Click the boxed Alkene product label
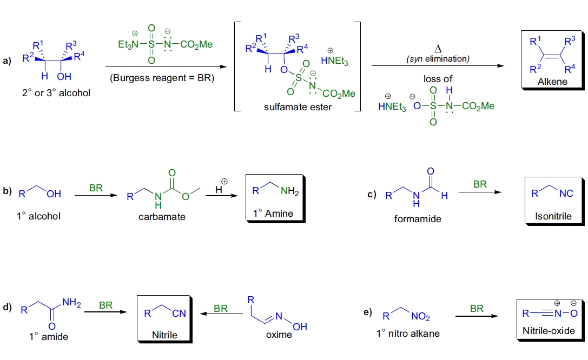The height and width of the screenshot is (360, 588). click(552, 81)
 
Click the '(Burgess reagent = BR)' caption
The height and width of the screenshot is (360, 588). click(162, 78)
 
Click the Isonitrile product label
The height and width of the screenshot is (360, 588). click(553, 217)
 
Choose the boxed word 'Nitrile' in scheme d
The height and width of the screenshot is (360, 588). click(164, 335)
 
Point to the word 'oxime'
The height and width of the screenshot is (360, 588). click(279, 335)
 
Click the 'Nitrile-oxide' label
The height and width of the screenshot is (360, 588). click(549, 330)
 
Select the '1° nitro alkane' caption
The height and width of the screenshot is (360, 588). click(408, 334)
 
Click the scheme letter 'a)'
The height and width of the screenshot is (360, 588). click(7, 61)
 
